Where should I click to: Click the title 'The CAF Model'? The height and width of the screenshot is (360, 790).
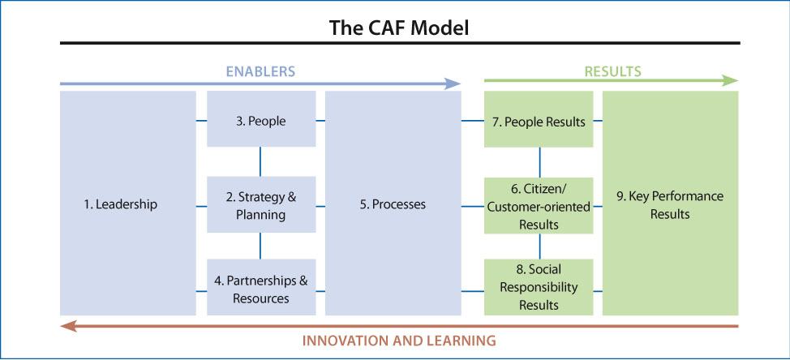399,28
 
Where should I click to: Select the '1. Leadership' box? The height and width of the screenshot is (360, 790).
128,203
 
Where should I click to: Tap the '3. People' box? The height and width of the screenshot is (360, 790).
261,119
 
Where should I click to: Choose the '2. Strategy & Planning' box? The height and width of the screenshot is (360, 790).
261,204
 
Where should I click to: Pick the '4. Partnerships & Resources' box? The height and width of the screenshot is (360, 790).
261,287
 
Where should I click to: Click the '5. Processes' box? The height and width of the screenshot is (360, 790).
393,203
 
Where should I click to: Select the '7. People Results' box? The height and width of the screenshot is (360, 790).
539,119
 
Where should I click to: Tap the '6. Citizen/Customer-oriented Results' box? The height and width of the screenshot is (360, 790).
539,205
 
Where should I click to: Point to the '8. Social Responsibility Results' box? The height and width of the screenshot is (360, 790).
539,287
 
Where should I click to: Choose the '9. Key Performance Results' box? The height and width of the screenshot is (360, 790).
671,203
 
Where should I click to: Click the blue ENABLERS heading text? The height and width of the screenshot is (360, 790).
260,71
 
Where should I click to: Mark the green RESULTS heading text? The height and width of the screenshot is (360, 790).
612,71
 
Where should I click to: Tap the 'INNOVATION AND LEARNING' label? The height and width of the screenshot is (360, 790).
399,341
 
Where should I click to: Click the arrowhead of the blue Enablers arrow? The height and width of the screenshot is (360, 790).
453,84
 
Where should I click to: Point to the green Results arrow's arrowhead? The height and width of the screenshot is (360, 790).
731,80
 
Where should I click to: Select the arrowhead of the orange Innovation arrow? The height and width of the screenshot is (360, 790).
68,326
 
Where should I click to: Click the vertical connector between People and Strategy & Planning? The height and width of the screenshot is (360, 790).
260,161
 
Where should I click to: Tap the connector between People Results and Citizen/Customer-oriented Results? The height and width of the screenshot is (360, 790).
540,162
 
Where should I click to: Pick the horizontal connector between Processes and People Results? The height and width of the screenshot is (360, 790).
473,121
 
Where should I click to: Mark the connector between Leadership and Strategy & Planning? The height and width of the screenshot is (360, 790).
201,206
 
